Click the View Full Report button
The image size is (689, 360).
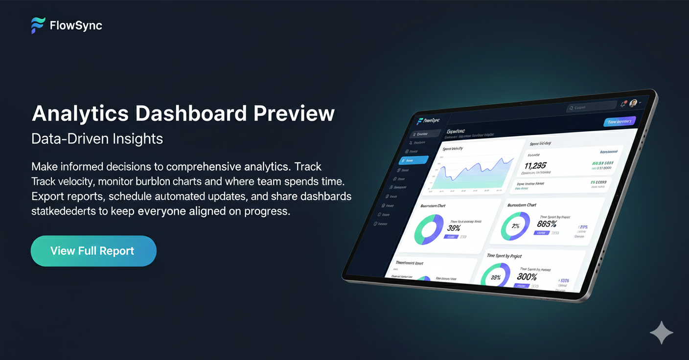(93, 251)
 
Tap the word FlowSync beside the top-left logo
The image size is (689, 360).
(76, 25)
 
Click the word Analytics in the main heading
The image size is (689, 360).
(81, 113)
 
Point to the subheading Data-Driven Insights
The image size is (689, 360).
(97, 139)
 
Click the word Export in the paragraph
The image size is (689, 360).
(47, 197)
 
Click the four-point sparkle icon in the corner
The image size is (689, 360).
(661, 333)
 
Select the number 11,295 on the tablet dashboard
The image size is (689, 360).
(535, 166)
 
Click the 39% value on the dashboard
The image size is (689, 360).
(453, 228)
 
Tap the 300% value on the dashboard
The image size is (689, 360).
(527, 276)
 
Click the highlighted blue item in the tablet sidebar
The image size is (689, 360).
(413, 160)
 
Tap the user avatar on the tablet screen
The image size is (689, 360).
(633, 103)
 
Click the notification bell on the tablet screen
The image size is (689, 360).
(623, 104)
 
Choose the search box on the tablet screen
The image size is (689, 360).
(591, 107)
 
